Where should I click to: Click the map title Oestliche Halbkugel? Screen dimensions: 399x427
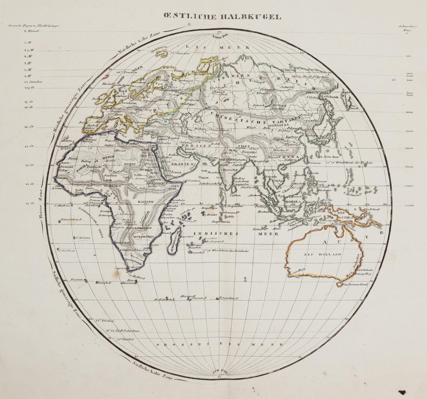[222, 17]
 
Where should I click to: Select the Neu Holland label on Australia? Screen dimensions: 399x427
[322, 254]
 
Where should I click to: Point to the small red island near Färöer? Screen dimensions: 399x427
[106, 76]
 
